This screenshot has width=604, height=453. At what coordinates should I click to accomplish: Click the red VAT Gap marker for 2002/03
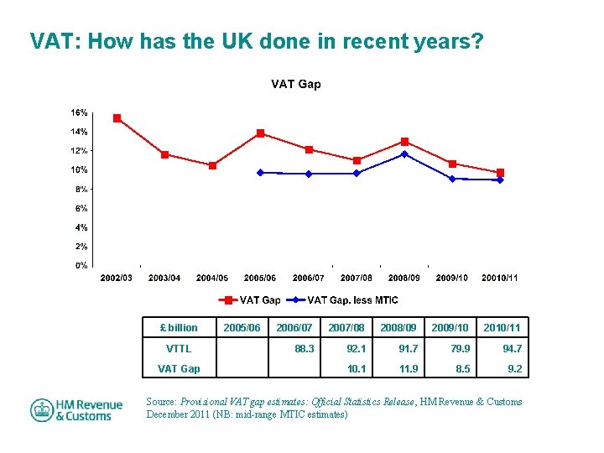(x=117, y=118)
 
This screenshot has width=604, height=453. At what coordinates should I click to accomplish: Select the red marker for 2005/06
(x=260, y=133)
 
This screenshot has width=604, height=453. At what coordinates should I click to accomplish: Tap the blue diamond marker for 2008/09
(x=404, y=154)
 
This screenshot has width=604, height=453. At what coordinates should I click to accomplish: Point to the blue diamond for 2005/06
(x=260, y=173)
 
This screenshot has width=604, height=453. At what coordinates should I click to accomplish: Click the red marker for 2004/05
(x=212, y=166)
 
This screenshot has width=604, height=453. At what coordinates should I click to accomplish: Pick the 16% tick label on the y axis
(x=79, y=112)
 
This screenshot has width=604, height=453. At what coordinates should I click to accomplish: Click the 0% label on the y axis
(x=81, y=265)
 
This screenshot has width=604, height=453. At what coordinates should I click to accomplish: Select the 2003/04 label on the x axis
(x=164, y=278)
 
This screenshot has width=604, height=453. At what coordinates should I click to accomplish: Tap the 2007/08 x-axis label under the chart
(x=357, y=278)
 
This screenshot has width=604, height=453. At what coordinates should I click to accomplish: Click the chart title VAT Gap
(x=295, y=84)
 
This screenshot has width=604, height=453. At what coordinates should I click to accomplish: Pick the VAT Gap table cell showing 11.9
(x=409, y=368)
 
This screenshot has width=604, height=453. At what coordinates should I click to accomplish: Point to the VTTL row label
(x=179, y=348)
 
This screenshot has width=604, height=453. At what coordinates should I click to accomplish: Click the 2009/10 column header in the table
(x=450, y=327)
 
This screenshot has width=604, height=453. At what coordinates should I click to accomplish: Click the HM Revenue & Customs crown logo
(x=42, y=410)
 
